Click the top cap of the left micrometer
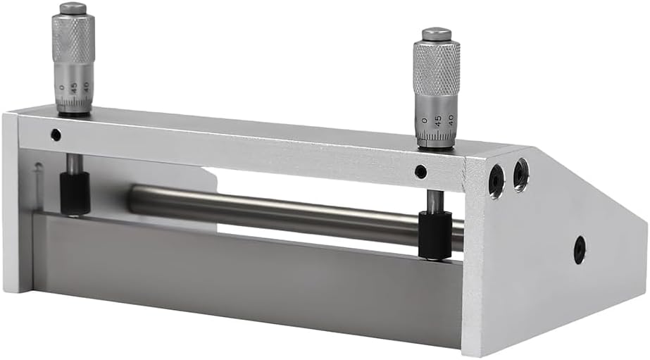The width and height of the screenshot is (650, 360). pyautogui.click(x=73, y=8)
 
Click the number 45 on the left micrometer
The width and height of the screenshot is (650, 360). pyautogui.click(x=74, y=87)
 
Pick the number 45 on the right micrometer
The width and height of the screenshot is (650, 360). pyautogui.click(x=438, y=120)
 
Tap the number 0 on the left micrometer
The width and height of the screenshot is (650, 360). pyautogui.click(x=62, y=87)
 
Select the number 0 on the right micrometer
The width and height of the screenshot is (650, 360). pyautogui.click(x=424, y=120)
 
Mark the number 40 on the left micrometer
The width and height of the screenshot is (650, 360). pyautogui.click(x=86, y=87)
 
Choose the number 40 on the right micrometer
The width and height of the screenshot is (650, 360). pyautogui.click(x=451, y=120)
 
